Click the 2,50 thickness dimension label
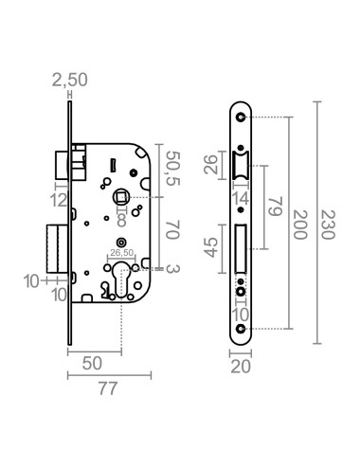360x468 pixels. click(x=69, y=80)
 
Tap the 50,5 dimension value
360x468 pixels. click(x=172, y=169)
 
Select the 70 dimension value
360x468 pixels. click(x=172, y=230)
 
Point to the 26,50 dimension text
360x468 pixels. click(x=121, y=252)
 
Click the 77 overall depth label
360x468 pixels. click(x=108, y=388)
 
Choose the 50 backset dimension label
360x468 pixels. click(x=92, y=363)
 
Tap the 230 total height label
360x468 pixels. click(x=328, y=225)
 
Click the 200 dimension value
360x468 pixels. click(x=299, y=225)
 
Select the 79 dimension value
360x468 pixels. click(x=275, y=207)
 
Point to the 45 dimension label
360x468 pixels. click(x=211, y=247)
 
